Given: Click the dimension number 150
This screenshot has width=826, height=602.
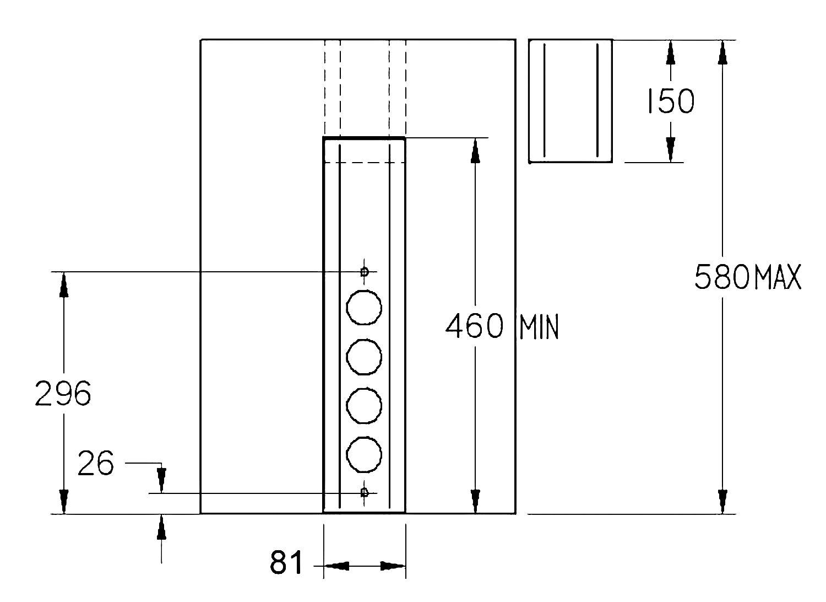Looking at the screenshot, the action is tap(671, 101).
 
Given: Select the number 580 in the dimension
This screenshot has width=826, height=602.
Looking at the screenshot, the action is tap(721, 277).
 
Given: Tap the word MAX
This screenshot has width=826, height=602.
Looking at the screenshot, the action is tap(778, 277).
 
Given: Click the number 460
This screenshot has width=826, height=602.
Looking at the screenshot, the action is tap(475, 326).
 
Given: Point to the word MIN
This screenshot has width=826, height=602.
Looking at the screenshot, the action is tap(539, 327).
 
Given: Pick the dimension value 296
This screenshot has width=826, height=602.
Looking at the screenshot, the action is tap(63, 394).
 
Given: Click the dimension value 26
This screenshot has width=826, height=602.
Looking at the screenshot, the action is tap(96, 463).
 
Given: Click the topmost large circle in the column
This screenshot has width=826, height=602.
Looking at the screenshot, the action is tap(364, 308).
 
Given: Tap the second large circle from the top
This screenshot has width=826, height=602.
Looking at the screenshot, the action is tap(364, 357).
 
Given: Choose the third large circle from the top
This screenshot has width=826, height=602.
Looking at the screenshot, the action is tap(364, 406).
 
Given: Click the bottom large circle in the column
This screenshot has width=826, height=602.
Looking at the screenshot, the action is tap(364, 454).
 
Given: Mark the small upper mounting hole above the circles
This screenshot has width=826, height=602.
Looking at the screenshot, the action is tap(365, 272).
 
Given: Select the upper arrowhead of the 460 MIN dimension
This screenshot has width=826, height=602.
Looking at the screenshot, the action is tap(475, 150).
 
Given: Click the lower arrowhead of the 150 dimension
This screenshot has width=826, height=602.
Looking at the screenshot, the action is tap(671, 149).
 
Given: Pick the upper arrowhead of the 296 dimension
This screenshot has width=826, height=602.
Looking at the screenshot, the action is tap(64, 284).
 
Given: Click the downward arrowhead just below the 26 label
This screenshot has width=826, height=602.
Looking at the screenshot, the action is tap(161, 480).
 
